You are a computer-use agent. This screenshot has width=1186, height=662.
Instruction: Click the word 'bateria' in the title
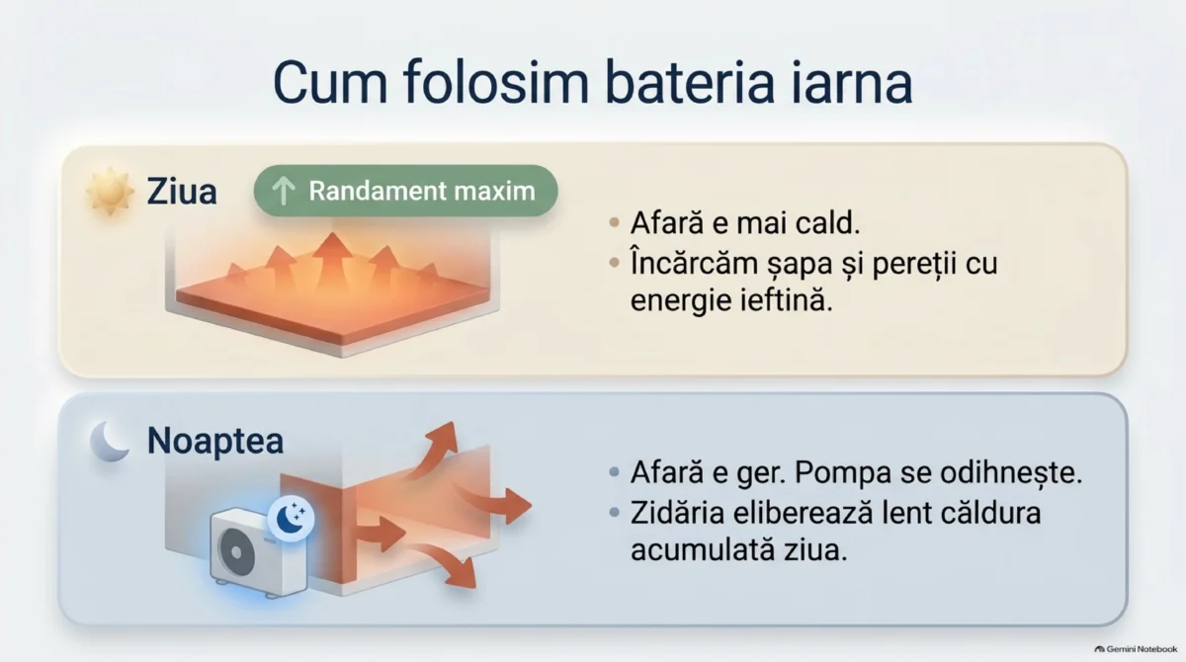pos(690,83)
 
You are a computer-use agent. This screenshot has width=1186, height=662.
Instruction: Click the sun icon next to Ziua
pos(110,191)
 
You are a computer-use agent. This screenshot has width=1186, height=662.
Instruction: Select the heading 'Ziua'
pos(182,191)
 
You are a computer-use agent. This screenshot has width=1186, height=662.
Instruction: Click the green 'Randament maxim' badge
pos(405,191)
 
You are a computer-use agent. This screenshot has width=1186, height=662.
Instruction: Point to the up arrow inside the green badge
pos(284,191)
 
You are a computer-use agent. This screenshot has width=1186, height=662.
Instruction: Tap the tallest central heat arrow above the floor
pos(332,259)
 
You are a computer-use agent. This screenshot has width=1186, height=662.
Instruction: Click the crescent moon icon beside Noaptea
pos(110,442)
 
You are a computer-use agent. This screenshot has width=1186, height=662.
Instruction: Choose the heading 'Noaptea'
pos(215,441)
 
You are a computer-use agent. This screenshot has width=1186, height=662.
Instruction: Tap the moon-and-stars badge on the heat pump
pos(291,519)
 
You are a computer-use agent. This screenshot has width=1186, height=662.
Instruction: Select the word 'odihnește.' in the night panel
pos(1011,473)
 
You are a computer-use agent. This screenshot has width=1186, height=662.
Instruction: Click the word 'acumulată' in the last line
pos(703,549)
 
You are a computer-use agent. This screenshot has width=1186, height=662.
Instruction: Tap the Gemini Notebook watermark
pos(1136,649)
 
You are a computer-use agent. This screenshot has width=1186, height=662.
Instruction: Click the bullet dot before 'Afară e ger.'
pos(614,472)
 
